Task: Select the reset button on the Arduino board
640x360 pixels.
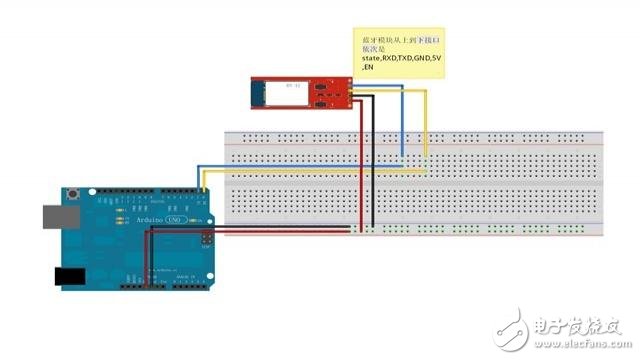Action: [73, 193]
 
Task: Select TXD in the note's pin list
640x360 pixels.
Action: [400, 59]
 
